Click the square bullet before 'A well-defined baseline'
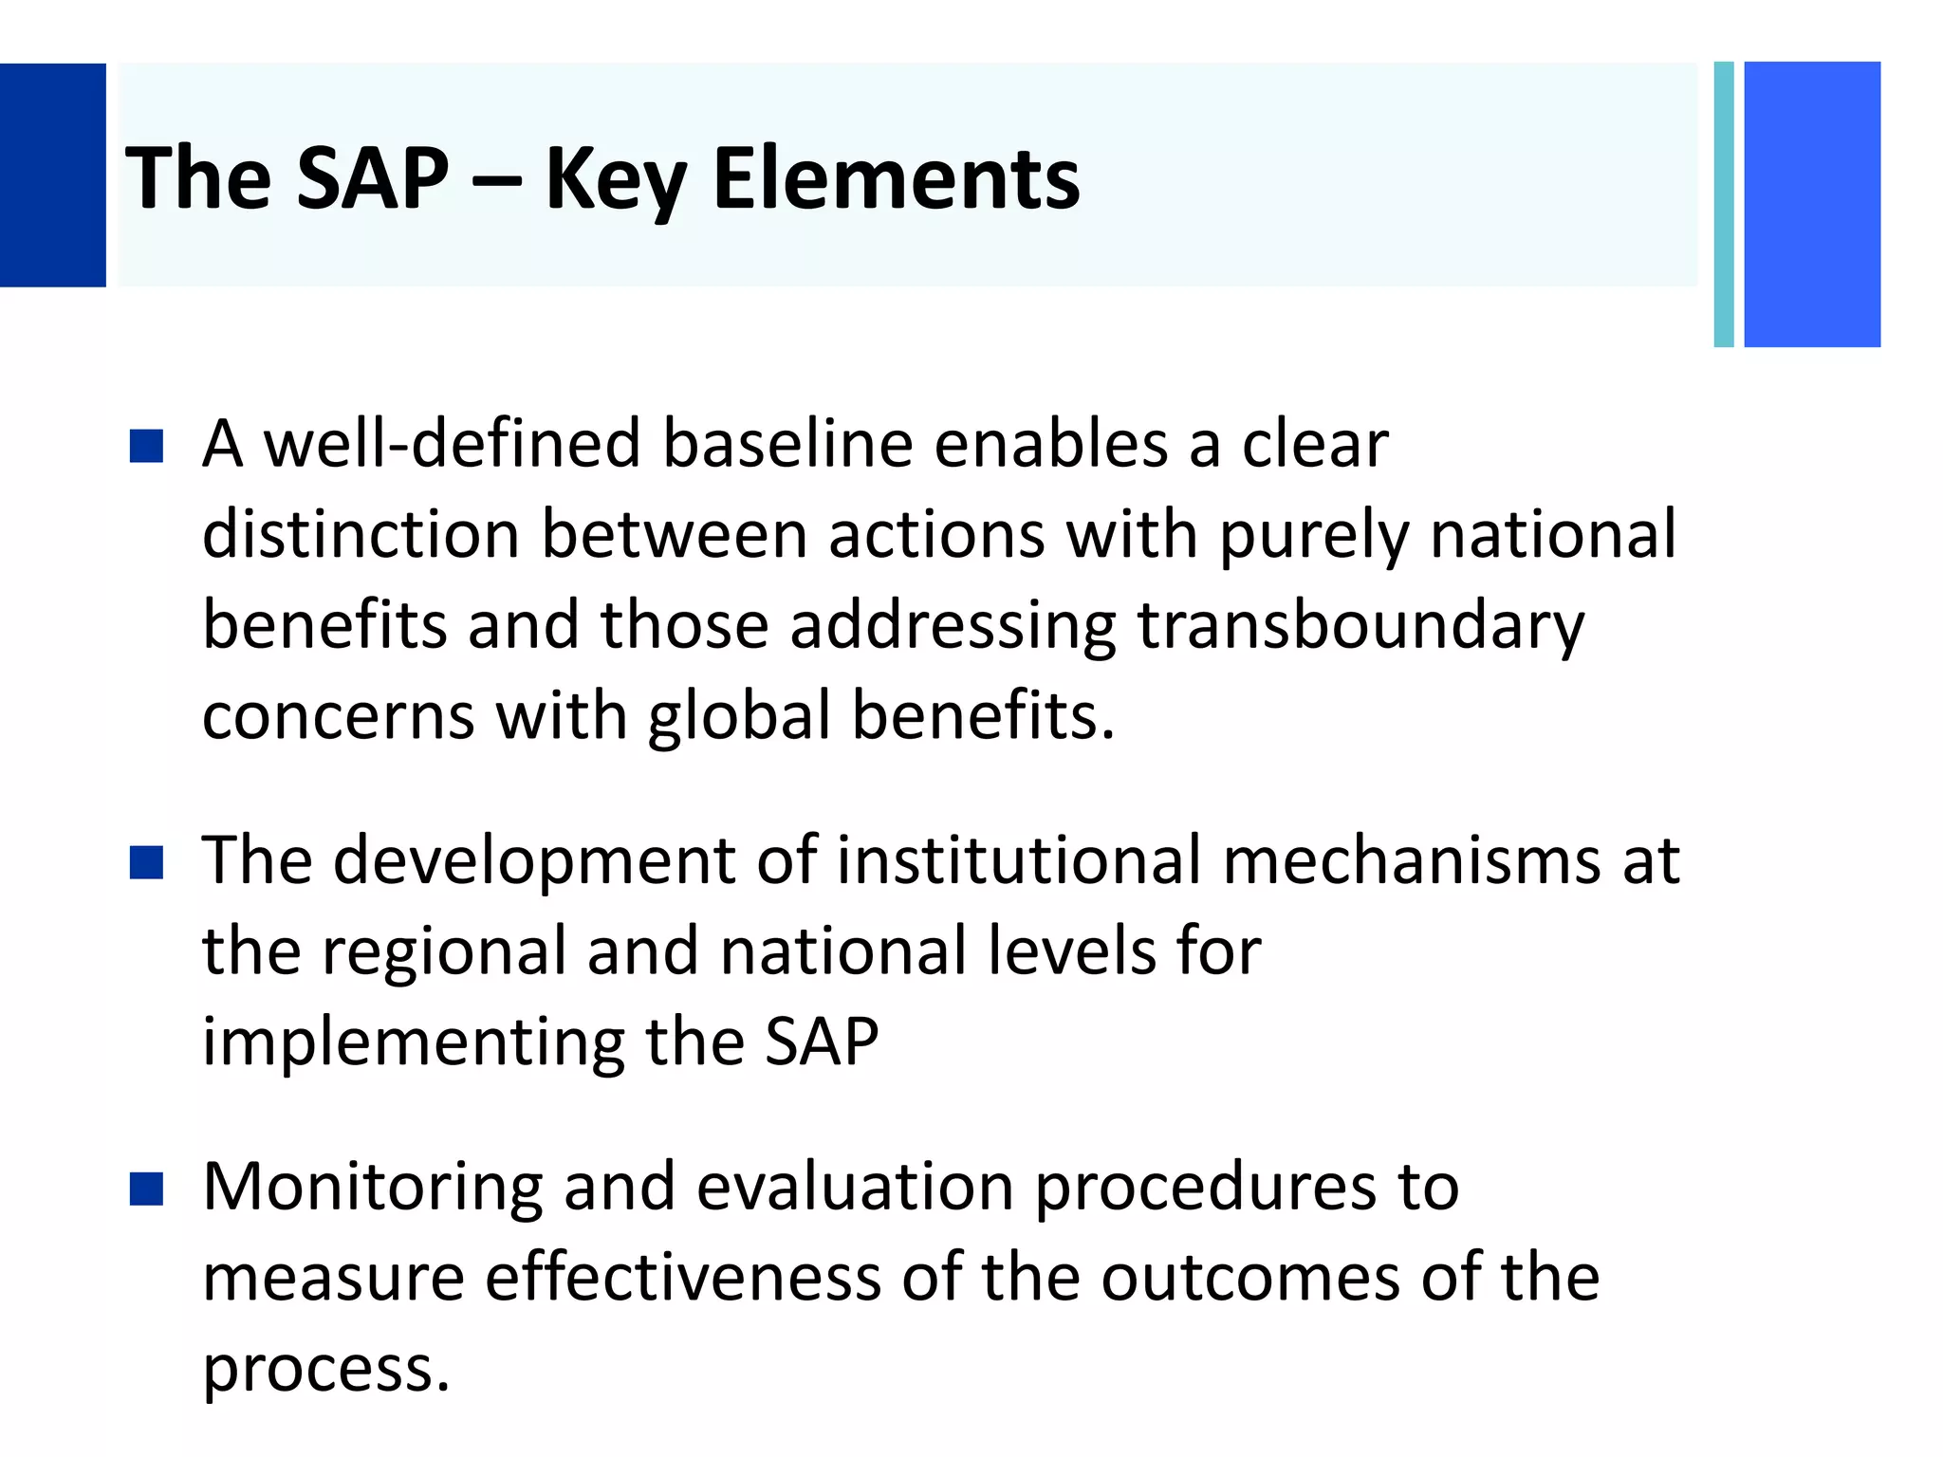147,446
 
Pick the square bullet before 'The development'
147,862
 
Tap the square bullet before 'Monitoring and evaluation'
147,1189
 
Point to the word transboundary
1360,626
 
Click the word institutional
1018,860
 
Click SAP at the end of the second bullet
822,1042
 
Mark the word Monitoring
373,1188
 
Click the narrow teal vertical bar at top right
1724,204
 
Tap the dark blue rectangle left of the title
52,175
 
